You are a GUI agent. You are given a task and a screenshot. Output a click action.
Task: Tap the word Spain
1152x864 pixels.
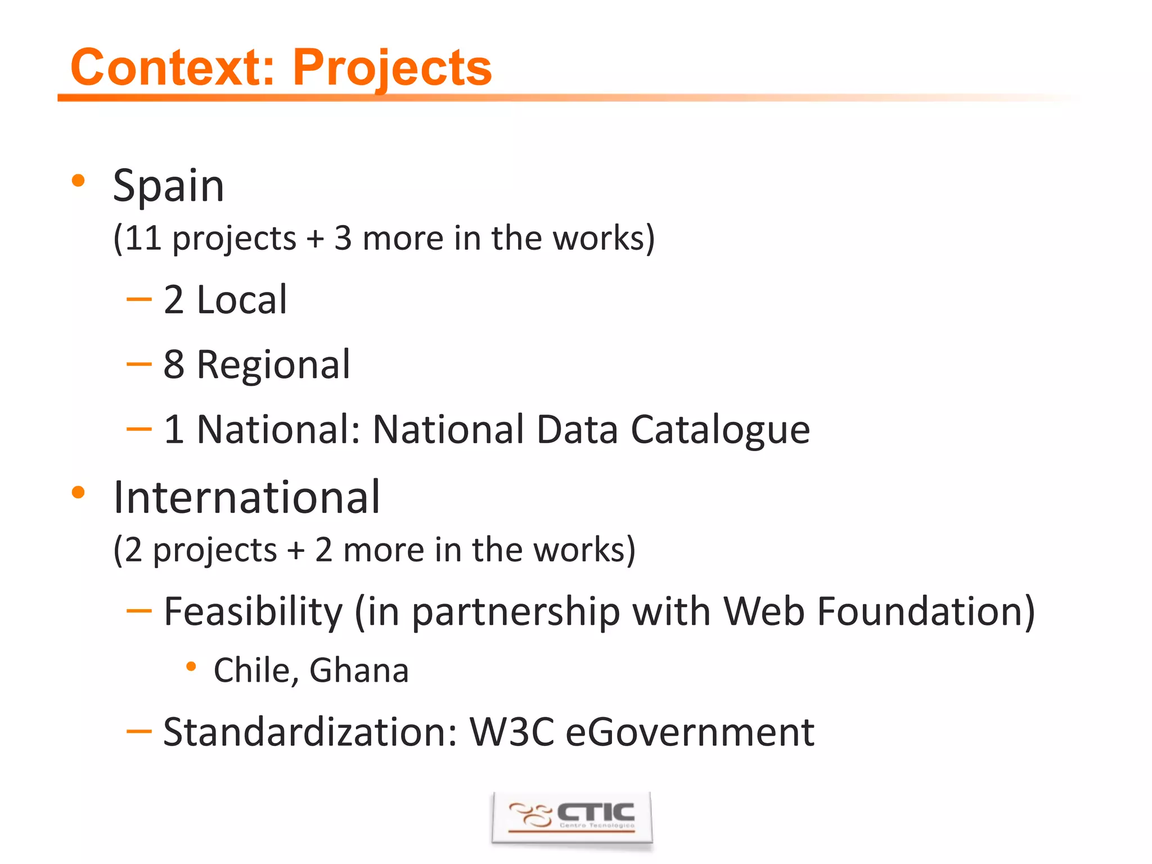[x=169, y=186]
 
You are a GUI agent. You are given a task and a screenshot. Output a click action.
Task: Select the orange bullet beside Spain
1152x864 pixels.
[x=78, y=181]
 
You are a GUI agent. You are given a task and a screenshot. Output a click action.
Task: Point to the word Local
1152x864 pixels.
[x=242, y=300]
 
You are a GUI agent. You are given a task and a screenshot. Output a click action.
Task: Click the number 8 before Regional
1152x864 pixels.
[x=174, y=364]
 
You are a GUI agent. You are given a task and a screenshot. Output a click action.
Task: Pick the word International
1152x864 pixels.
[x=246, y=498]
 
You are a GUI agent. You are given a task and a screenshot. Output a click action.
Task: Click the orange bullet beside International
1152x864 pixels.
[x=78, y=493]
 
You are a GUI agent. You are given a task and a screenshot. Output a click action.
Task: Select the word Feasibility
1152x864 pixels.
[x=253, y=612]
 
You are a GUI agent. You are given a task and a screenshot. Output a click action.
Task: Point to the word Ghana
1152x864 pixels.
[x=359, y=670]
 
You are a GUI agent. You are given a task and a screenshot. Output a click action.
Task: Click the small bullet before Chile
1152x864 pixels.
[x=191, y=667]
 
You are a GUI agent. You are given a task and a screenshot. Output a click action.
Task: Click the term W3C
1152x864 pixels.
[x=512, y=732]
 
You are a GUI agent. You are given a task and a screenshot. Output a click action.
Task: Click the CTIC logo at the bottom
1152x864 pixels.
[x=572, y=817]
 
